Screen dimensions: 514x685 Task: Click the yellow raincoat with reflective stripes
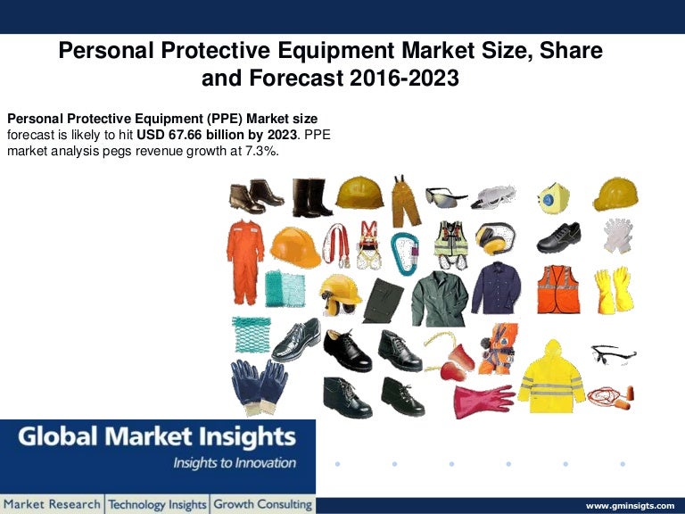pos(551,377)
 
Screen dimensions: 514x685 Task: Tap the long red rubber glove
pos(483,401)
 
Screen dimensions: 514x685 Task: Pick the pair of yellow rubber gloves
pos(614,289)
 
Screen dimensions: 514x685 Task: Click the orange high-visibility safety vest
pos(557,289)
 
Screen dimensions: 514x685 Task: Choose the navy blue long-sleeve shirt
pos(497,287)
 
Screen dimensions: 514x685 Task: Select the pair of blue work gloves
pos(259,385)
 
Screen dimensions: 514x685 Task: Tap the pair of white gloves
pos(616,236)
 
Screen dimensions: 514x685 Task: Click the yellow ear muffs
pos(494,238)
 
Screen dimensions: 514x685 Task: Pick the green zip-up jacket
pos(439,298)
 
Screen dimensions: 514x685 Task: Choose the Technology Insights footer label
pos(157,505)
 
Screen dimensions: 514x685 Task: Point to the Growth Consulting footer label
pos(262,505)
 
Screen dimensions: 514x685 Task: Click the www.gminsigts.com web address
pos(629,505)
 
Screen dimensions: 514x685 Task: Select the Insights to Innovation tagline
pos(234,463)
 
